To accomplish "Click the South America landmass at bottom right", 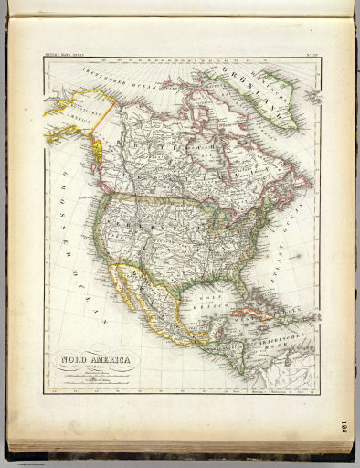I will coord(292,375).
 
